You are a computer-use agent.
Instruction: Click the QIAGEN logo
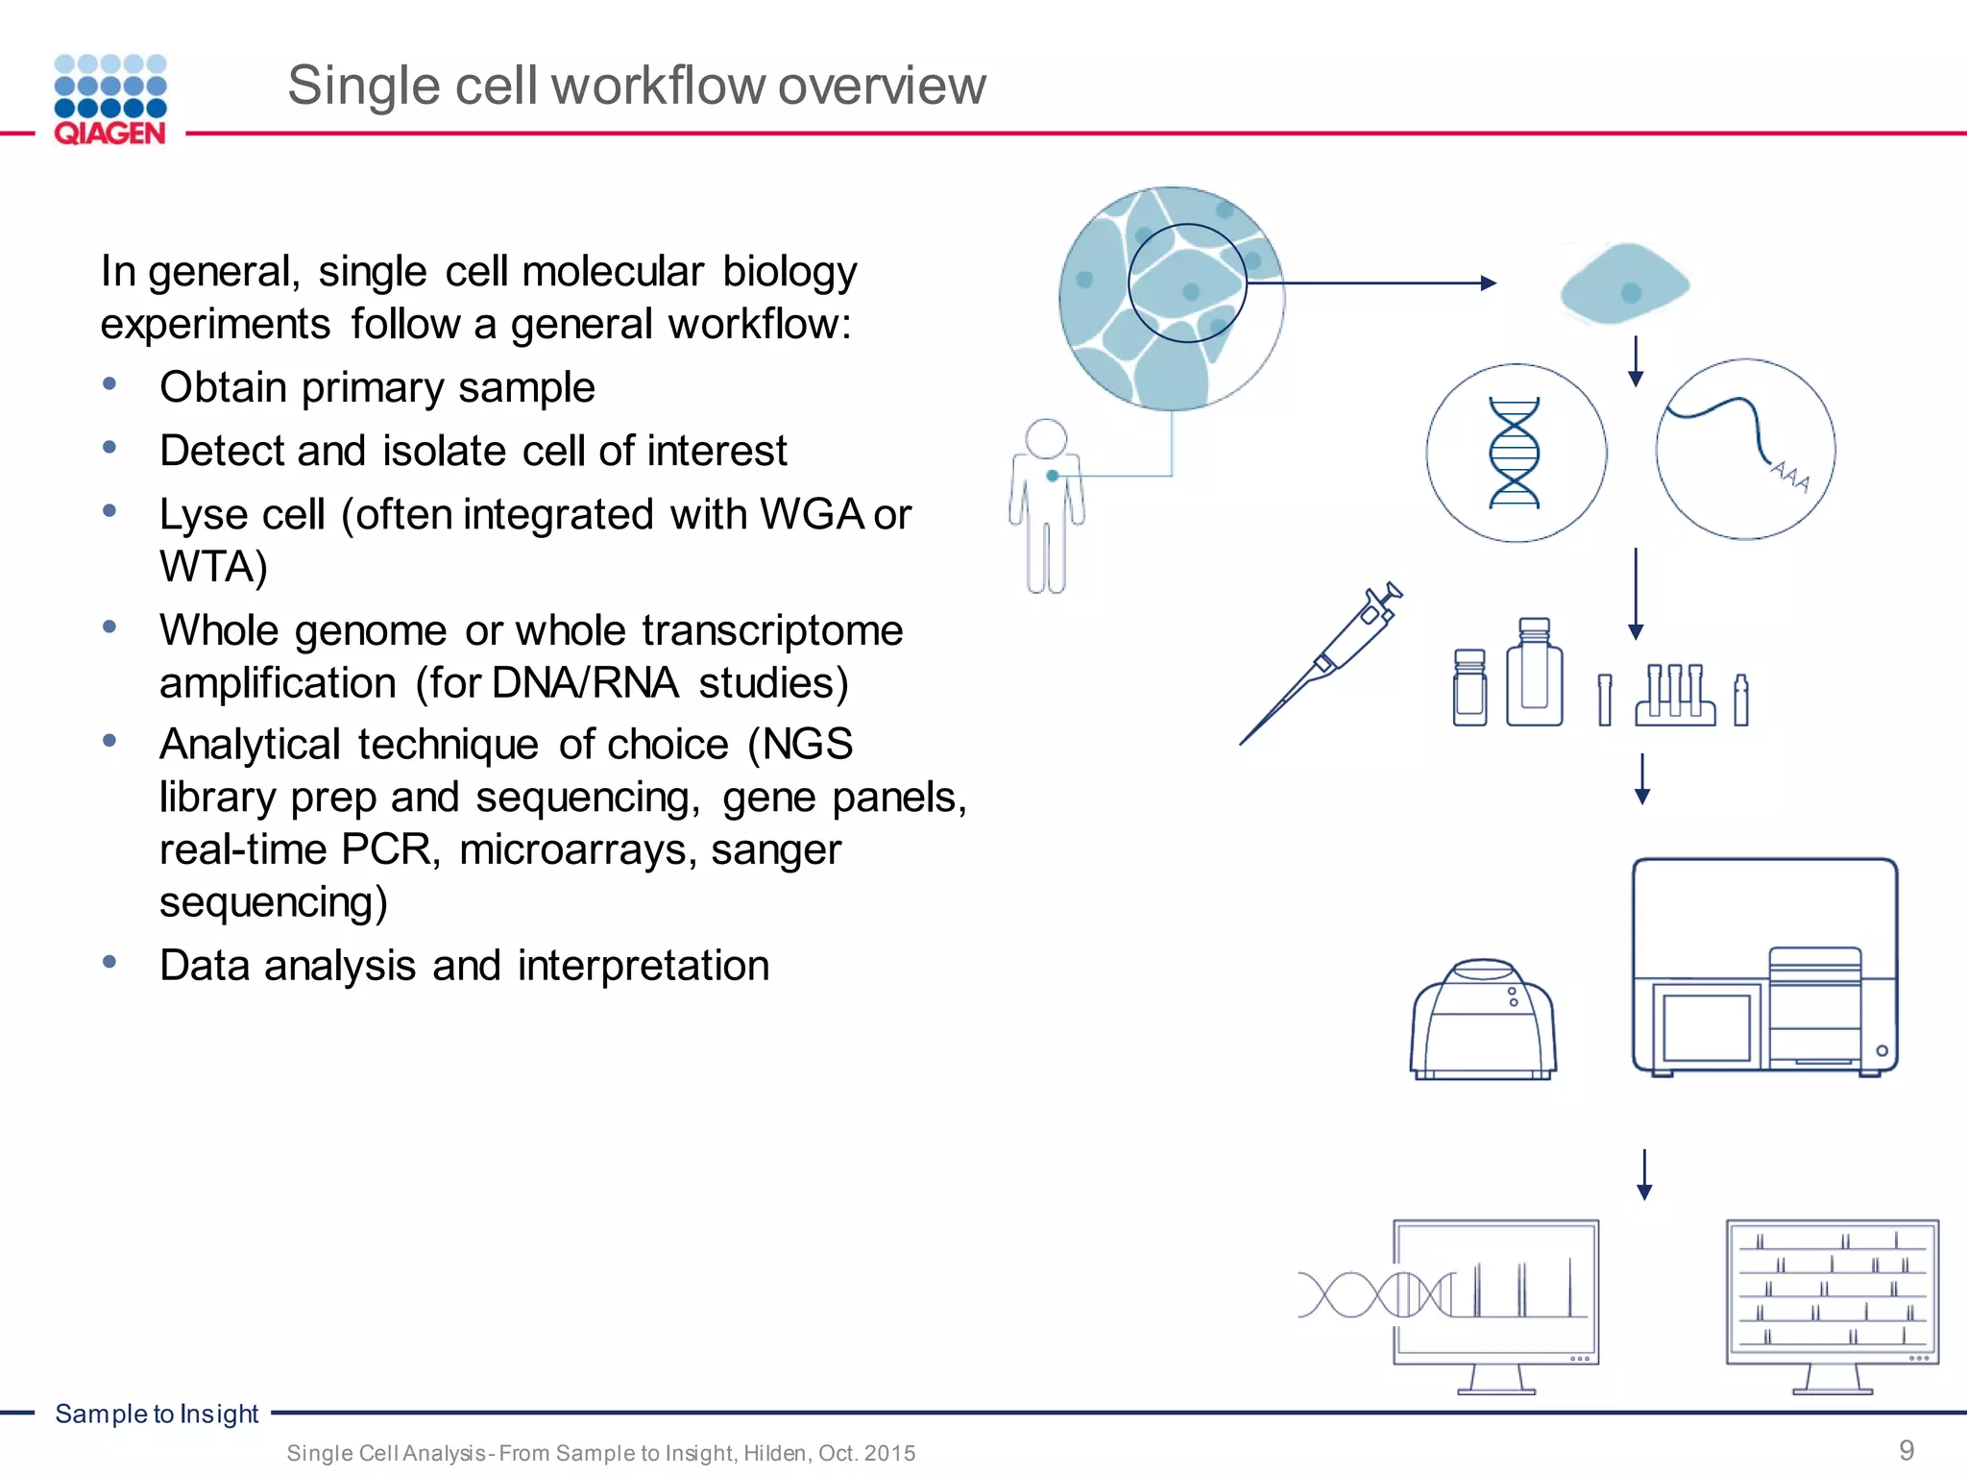pos(110,100)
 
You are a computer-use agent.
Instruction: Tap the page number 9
pos(1906,1449)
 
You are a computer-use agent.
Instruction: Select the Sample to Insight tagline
pos(157,1414)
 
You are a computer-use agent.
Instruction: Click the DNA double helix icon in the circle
pos(1515,453)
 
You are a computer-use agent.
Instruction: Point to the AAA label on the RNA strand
pos(1790,476)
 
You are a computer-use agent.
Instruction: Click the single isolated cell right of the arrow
pos(1624,284)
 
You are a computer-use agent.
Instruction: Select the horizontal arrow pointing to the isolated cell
pos(1373,283)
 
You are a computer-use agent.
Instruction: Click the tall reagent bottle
pos(1534,673)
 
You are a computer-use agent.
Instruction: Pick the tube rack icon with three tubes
pos(1675,696)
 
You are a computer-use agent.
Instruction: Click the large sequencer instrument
pos(1764,966)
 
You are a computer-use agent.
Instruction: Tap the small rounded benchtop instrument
pos(1483,1021)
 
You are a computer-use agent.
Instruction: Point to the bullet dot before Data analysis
pos(109,961)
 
